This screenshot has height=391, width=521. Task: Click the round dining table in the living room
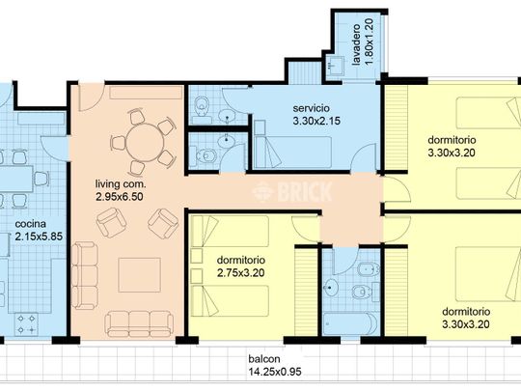coord(145,143)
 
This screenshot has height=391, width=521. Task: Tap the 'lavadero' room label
coord(356,44)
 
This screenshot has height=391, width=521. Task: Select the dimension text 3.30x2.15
coord(316,121)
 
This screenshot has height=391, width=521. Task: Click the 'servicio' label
coord(312,108)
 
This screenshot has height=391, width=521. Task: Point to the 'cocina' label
coord(31,224)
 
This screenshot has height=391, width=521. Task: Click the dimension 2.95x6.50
coord(120,197)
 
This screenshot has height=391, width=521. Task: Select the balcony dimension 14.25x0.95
coord(275,372)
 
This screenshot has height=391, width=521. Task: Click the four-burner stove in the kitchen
coord(26,324)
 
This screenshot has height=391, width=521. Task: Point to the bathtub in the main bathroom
coord(350,323)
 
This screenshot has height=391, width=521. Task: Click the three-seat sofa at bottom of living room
coord(139,323)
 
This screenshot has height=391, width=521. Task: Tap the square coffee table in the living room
coord(140,275)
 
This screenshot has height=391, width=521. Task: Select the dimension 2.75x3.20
coord(241,273)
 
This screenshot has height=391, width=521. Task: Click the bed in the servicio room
coord(292,152)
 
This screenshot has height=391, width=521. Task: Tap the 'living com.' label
coord(121,183)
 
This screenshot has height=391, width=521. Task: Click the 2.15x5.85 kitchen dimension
coord(39,237)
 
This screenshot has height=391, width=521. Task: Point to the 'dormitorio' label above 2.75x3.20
coord(241,260)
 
